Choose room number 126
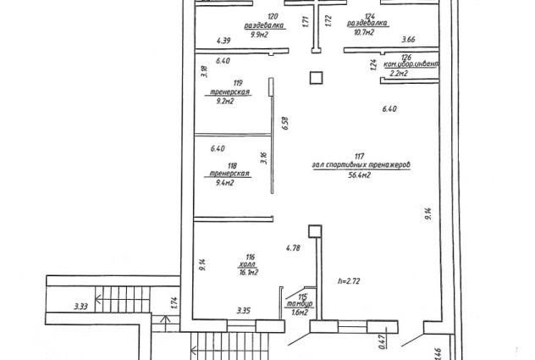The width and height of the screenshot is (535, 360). click(x=405, y=57)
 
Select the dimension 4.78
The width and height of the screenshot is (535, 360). click(x=294, y=247)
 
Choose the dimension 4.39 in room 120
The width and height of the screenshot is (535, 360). click(x=223, y=41)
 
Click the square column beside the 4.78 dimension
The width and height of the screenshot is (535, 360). click(x=315, y=230)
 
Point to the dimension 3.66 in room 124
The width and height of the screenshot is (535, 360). click(x=409, y=40)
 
